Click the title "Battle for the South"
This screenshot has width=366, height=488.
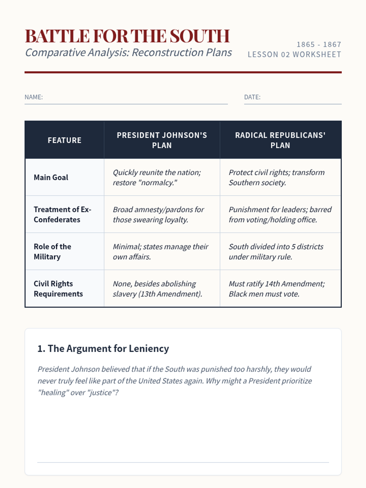pyautogui.click(x=127, y=36)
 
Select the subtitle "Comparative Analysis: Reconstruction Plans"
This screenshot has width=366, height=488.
pyautogui.click(x=128, y=52)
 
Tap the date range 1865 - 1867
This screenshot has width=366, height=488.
pyautogui.click(x=319, y=45)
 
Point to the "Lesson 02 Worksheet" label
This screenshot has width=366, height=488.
pyautogui.click(x=294, y=55)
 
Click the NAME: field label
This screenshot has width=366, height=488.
pyautogui.click(x=34, y=97)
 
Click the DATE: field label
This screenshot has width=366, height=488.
pyautogui.click(x=252, y=97)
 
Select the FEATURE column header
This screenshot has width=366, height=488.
pyautogui.click(x=64, y=140)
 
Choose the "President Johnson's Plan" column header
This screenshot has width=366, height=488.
pyautogui.click(x=162, y=140)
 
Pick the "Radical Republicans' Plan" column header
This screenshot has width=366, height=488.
pyautogui.click(x=280, y=140)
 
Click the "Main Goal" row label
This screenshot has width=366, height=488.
pyautogui.click(x=51, y=178)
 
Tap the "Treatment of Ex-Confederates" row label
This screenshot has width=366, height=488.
pyautogui.click(x=62, y=214)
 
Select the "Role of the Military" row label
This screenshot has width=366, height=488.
pyautogui.click(x=52, y=252)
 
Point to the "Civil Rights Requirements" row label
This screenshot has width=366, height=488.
pyautogui.click(x=58, y=289)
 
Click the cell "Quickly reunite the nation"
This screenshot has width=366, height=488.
pyautogui.click(x=157, y=178)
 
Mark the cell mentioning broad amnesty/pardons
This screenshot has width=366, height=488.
pyautogui.click(x=158, y=214)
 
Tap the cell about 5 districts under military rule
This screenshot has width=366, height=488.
pyautogui.click(x=276, y=252)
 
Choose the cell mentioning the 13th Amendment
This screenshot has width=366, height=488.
pyautogui.click(x=157, y=289)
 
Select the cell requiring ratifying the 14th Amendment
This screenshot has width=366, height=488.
pyautogui.click(x=277, y=289)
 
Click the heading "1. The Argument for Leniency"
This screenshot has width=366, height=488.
pyautogui.click(x=103, y=349)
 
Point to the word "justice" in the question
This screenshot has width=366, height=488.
pyautogui.click(x=100, y=393)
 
